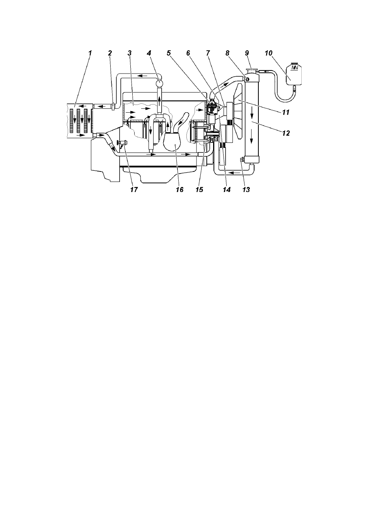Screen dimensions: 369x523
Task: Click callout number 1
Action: [x=90, y=53]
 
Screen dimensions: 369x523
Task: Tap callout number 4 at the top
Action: [x=149, y=53]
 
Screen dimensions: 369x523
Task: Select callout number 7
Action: [x=208, y=53]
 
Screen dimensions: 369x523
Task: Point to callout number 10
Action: [x=268, y=53]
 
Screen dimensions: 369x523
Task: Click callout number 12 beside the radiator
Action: [x=286, y=133]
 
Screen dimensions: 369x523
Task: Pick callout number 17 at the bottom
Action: [x=134, y=190]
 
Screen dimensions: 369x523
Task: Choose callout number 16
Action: [x=179, y=190]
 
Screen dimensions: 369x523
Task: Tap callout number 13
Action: [x=246, y=190]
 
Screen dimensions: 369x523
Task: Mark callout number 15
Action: [x=200, y=190]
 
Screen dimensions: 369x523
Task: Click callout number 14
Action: [x=227, y=190]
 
